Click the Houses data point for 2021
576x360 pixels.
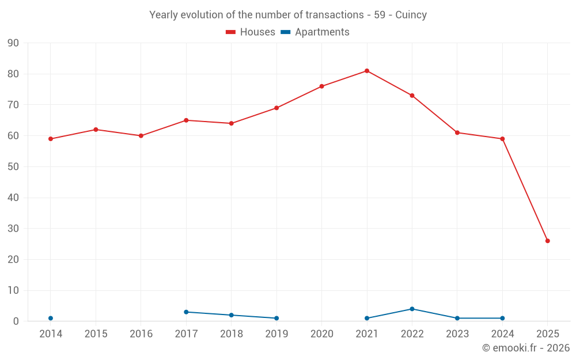click(367, 71)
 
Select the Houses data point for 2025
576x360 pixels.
click(547, 241)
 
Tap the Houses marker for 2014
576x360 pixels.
click(51, 139)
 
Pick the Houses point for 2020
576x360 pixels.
click(321, 86)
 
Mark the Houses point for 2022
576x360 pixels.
click(412, 96)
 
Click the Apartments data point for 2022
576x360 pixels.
click(412, 309)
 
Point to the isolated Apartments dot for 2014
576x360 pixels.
click(51, 318)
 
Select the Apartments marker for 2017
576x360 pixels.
click(186, 312)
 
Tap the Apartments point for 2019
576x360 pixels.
click(276, 318)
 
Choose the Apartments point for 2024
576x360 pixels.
click(502, 318)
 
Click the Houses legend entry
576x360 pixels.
click(251, 32)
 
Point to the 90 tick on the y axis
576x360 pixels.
click(13, 43)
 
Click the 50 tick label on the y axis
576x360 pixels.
click(13, 167)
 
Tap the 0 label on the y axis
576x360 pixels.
click(16, 321)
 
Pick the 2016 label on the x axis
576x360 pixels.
click(141, 334)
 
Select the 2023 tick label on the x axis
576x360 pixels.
click(457, 334)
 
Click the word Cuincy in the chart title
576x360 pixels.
click(411, 15)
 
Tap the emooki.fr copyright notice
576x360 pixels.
click(525, 348)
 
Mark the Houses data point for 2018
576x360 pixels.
click(231, 123)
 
